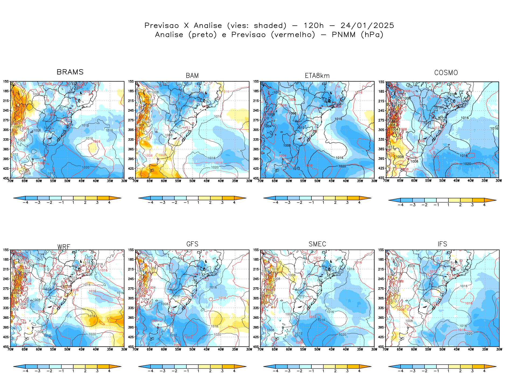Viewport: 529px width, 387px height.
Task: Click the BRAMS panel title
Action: [70, 72]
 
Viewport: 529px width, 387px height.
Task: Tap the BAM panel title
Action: [192, 76]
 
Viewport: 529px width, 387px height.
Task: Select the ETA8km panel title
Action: [317, 76]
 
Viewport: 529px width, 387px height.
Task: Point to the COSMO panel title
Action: [446, 73]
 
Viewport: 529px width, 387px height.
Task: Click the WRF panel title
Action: [64, 247]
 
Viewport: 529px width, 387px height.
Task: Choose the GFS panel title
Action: [192, 244]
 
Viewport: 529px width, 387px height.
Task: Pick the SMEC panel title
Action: [317, 244]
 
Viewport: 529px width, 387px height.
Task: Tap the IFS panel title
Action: [442, 244]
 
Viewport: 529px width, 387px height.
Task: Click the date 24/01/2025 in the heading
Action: [367, 26]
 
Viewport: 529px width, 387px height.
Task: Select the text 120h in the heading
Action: [314, 26]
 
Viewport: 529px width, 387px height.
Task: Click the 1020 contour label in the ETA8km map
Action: [342, 166]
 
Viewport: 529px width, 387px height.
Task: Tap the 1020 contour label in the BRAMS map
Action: [85, 167]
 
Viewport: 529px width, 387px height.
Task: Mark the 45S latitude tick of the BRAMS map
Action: [6, 178]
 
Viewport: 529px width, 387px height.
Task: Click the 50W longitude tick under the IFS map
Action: [442, 349]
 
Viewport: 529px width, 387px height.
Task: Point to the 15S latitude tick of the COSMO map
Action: [381, 82]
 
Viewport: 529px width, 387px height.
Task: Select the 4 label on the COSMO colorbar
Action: [484, 205]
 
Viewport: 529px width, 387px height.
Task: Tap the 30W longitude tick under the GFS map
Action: [249, 349]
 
